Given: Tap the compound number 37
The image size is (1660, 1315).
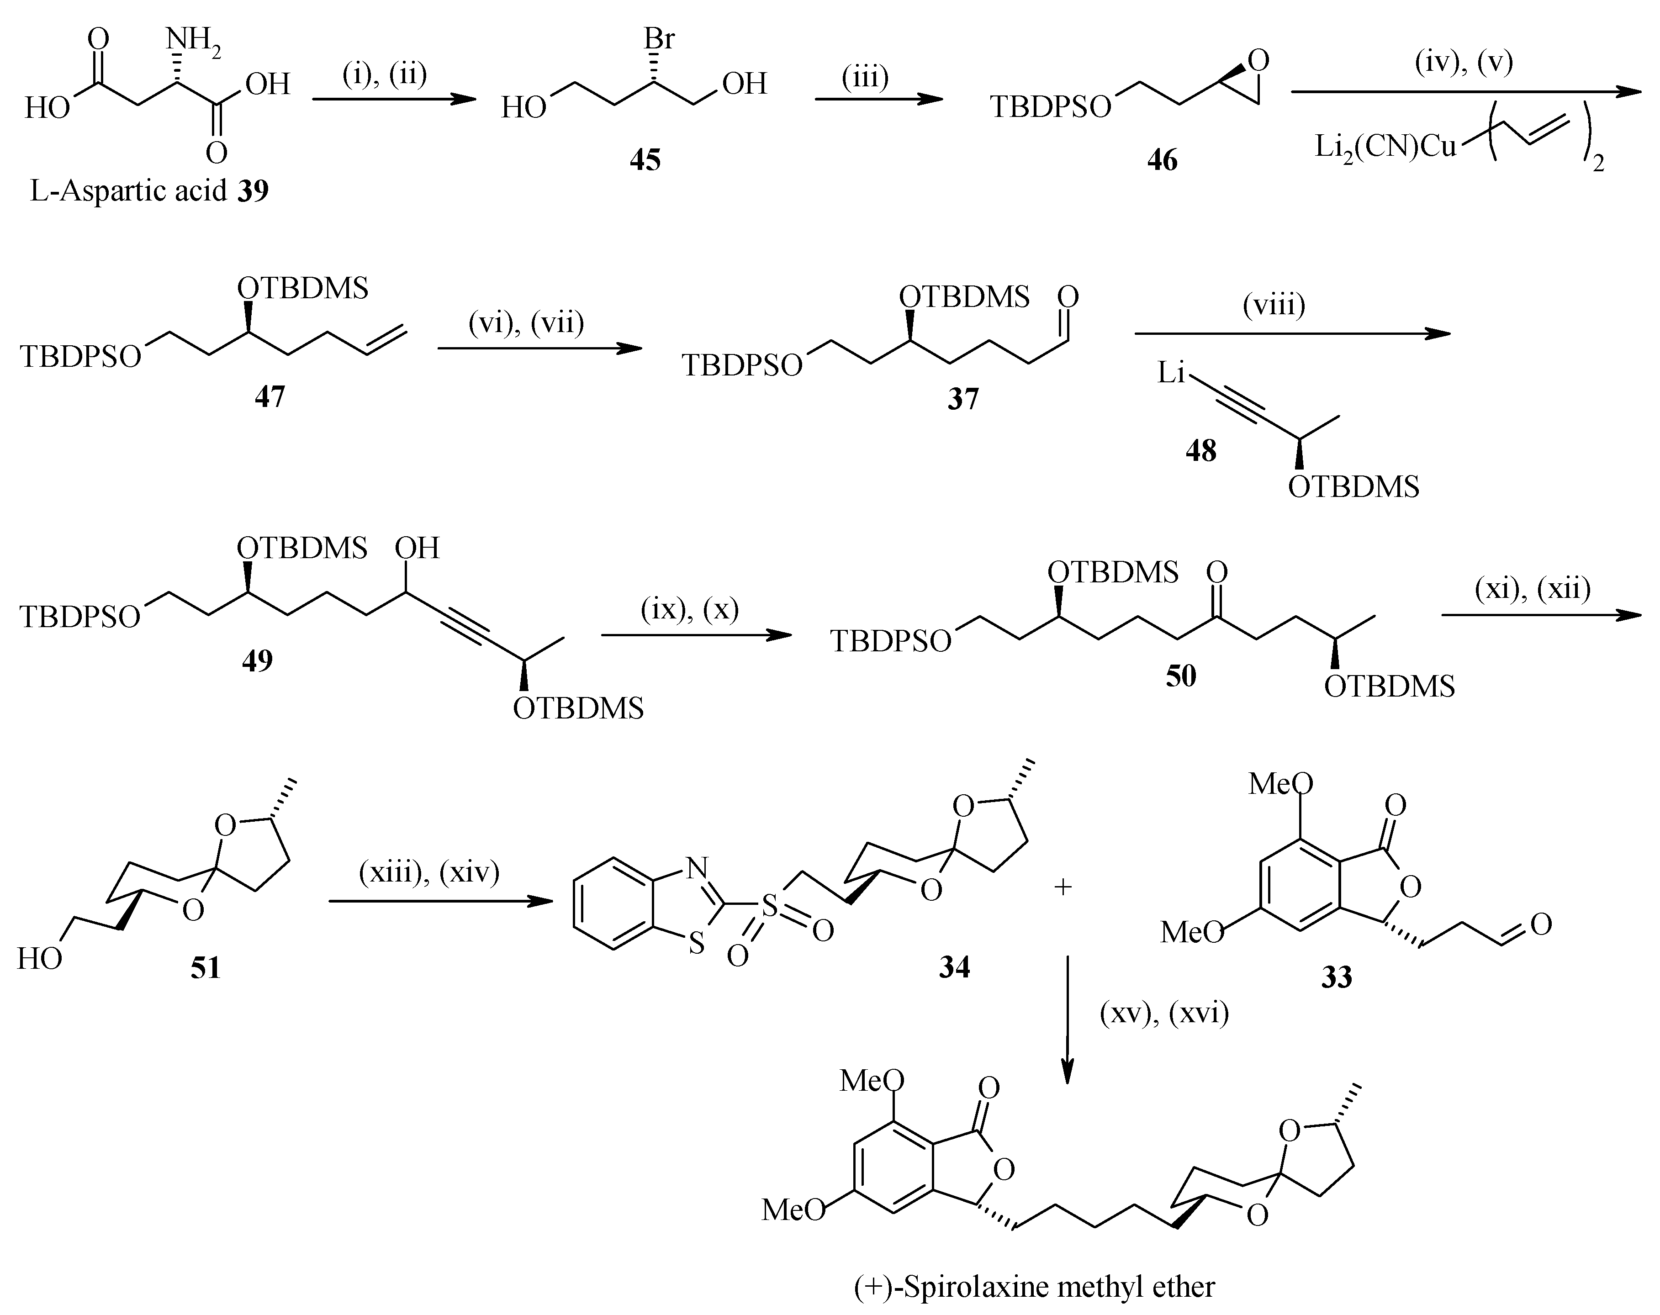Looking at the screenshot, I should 962,399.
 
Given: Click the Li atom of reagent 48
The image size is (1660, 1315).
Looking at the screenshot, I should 1171,374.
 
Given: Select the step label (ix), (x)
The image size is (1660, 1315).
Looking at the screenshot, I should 690,609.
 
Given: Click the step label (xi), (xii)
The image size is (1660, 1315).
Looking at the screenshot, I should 1532,589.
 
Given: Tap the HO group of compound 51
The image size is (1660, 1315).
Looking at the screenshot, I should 40,959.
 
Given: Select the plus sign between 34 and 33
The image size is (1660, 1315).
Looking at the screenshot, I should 1063,887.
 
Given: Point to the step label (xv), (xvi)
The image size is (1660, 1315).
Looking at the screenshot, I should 1164,1014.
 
